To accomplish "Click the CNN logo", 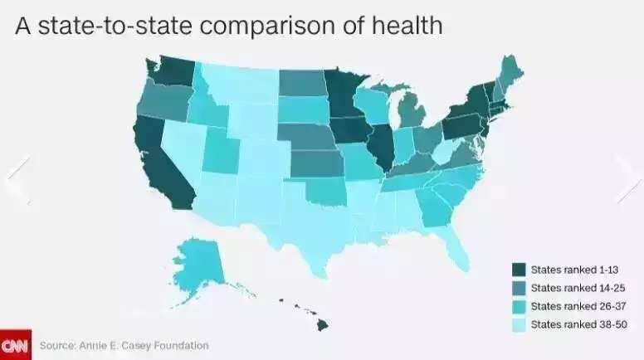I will coord(14,344).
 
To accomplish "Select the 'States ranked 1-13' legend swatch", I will coord(520,270).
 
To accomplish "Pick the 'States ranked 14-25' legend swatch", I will coord(520,288).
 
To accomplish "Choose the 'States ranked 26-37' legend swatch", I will coord(520,306).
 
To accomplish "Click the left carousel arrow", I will coord(18,178).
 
